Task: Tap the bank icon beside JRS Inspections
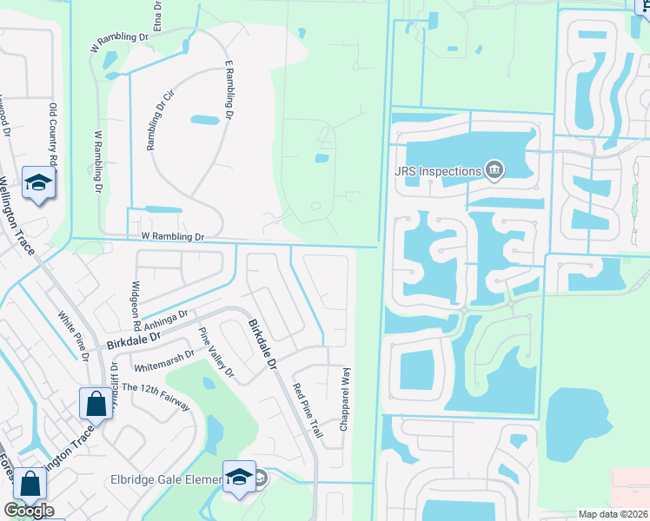pos(494,169)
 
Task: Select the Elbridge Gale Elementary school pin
pos(239,478)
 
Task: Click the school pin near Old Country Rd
pos(38,183)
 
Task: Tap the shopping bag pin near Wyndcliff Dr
pos(95,405)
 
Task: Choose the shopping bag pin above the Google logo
pos(30,485)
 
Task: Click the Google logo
pos(29,511)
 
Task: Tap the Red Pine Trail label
pos(308,415)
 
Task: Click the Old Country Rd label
pos(53,134)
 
